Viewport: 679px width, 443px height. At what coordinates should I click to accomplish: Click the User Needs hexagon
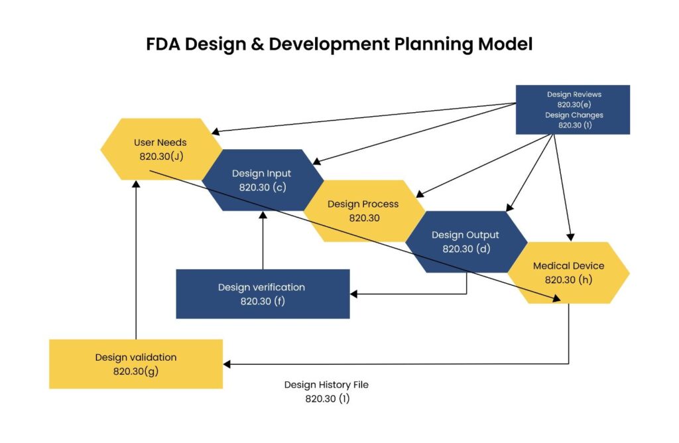pyautogui.click(x=161, y=149)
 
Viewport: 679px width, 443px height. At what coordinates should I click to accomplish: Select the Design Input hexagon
pyautogui.click(x=263, y=180)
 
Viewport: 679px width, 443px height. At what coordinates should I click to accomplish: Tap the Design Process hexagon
pyautogui.click(x=364, y=211)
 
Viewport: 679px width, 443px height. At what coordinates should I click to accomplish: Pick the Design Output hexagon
pyautogui.click(x=466, y=241)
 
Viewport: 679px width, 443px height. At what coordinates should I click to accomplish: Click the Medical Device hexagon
pyautogui.click(x=568, y=273)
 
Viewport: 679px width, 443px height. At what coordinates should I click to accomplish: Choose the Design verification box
pyautogui.click(x=263, y=294)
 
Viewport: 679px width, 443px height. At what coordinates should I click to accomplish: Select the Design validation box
pyautogui.click(x=136, y=364)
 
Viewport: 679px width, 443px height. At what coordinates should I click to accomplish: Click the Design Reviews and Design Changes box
pyautogui.click(x=573, y=109)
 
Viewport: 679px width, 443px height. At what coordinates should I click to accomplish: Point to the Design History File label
pyautogui.click(x=326, y=391)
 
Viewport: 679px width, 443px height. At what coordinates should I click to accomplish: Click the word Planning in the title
pyautogui.click(x=434, y=44)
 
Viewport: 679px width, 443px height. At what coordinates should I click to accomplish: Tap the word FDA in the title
pyautogui.click(x=163, y=44)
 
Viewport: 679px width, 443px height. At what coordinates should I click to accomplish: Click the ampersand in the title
pyautogui.click(x=257, y=44)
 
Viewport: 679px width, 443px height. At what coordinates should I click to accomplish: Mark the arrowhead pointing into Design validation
pyautogui.click(x=227, y=364)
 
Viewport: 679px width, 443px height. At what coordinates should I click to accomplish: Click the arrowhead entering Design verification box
pyautogui.click(x=353, y=294)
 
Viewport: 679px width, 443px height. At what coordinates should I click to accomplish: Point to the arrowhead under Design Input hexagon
pyautogui.click(x=263, y=215)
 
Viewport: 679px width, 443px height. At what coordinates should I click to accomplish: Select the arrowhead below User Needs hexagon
pyautogui.click(x=136, y=184)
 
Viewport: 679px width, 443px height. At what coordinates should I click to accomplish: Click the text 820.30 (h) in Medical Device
pyautogui.click(x=568, y=280)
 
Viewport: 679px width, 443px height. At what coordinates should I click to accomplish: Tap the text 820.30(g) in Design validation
pyautogui.click(x=136, y=371)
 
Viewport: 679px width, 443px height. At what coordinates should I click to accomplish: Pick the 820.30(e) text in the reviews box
pyautogui.click(x=574, y=104)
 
